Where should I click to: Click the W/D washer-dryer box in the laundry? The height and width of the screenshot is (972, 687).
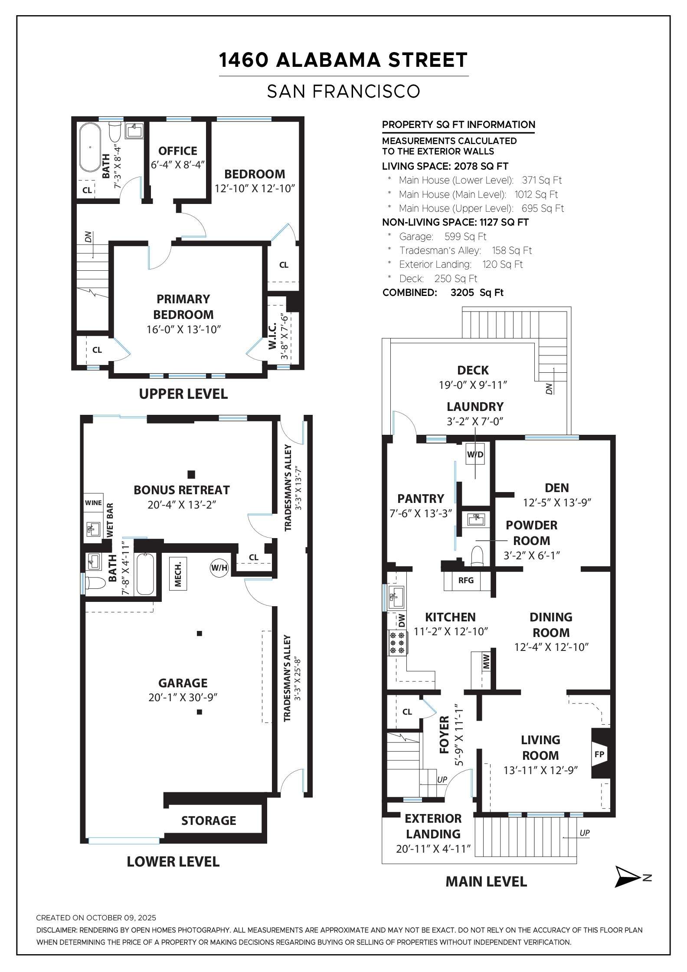point(475,454)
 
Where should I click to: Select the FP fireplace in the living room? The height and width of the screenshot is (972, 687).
point(599,754)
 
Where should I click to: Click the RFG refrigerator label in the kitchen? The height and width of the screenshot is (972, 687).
point(466,580)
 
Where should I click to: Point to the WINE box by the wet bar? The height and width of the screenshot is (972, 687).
point(93,503)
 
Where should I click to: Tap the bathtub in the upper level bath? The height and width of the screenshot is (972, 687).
point(90,148)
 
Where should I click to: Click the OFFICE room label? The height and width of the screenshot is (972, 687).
point(178,151)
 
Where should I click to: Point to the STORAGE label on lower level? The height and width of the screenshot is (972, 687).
point(209,820)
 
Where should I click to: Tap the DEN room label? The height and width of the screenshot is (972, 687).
point(557,488)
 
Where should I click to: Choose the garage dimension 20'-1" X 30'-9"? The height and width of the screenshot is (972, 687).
point(183,697)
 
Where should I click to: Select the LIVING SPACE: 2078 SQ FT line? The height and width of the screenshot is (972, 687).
point(445,166)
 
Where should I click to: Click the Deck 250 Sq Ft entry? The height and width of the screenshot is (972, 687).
point(438,279)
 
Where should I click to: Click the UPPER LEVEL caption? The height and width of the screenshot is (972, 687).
point(183,394)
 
